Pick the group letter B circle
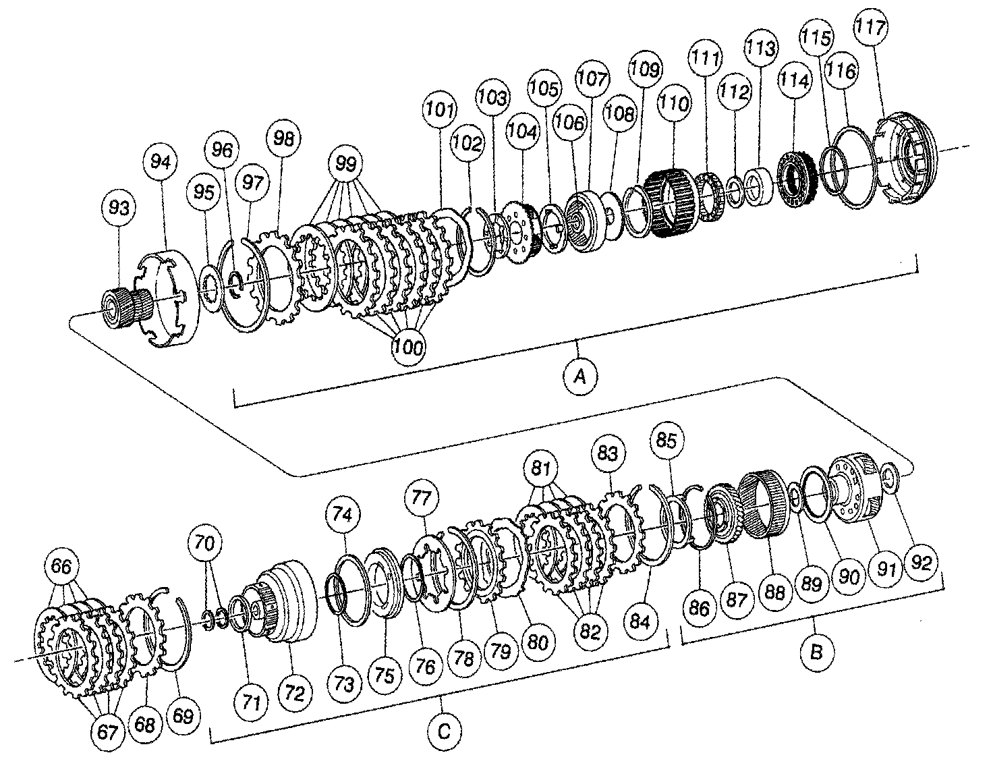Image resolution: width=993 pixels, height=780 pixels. tap(815, 652)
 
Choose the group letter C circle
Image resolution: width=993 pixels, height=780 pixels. tap(443, 730)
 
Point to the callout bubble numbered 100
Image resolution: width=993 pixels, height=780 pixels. tap(409, 348)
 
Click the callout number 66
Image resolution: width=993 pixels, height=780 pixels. tap(61, 565)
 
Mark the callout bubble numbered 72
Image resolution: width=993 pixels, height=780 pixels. tap(295, 693)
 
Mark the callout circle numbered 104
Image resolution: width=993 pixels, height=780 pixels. tap(523, 132)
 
